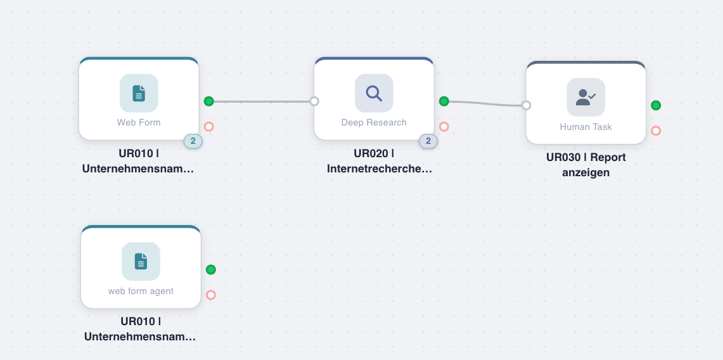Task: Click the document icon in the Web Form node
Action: [x=139, y=93]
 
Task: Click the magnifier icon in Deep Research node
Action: [x=374, y=93]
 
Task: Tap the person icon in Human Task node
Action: [x=585, y=97]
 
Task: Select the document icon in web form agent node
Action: [x=141, y=261]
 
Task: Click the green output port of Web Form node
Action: [x=209, y=101]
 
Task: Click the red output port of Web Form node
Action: [x=209, y=127]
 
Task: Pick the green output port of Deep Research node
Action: [x=444, y=101]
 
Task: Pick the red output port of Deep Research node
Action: [x=444, y=127]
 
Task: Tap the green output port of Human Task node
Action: [x=656, y=105]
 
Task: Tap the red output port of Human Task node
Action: [x=656, y=131]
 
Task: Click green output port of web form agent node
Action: [x=211, y=269]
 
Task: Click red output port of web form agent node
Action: [x=211, y=295]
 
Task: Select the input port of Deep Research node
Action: [x=314, y=101]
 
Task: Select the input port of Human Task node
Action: [x=526, y=105]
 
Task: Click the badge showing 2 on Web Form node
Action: [x=193, y=141]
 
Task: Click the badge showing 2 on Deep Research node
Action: [x=428, y=141]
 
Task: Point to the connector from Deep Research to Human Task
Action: [x=485, y=103]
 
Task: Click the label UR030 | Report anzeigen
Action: [x=585, y=165]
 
